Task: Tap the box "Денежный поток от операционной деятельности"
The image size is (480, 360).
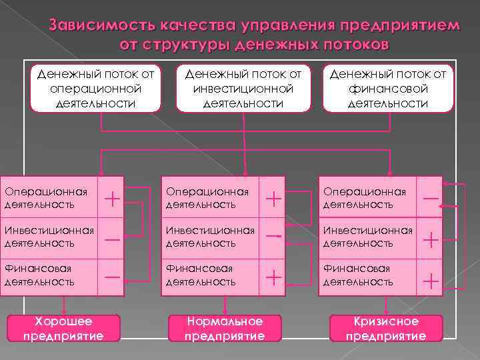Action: [96, 88]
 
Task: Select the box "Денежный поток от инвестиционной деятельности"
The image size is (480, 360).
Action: [243, 88]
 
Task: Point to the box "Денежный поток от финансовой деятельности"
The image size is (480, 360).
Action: [387, 88]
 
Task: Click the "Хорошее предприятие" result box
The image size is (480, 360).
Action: [63, 329]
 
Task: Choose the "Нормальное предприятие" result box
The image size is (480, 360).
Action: [225, 329]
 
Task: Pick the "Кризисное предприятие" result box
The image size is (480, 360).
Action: [386, 329]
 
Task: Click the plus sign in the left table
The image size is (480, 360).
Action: [113, 197]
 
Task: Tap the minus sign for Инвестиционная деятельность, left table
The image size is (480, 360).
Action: [113, 238]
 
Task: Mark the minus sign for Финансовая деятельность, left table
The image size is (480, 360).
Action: [113, 277]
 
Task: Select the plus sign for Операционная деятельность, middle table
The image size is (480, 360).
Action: [273, 197]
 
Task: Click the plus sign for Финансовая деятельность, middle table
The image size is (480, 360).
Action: [273, 277]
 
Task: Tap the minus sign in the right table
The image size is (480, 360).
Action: [431, 198]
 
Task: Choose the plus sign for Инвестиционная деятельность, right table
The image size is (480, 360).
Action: [431, 238]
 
